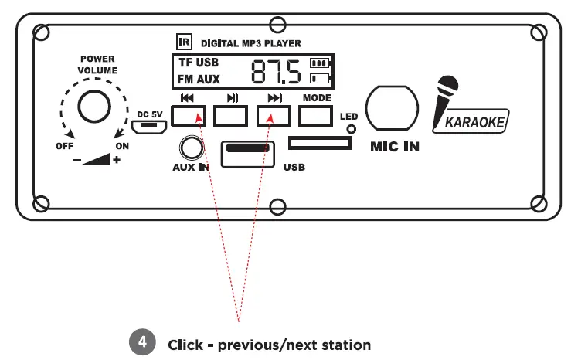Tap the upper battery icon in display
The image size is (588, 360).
pos(318,63)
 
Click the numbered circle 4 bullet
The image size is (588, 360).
pos(141,344)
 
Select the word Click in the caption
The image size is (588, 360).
pos(185,345)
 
